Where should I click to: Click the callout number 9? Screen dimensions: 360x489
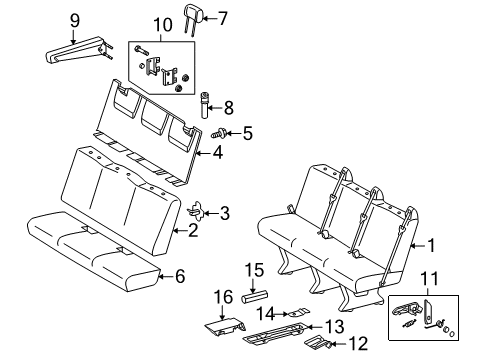[75, 19]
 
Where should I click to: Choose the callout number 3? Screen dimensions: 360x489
[224, 212]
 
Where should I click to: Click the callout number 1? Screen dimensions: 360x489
[433, 244]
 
